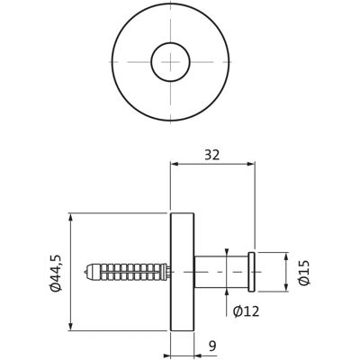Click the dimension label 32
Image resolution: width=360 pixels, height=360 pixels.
[212, 155]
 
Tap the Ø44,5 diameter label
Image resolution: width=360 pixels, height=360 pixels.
[56, 273]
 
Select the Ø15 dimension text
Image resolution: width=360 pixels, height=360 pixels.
[304, 273]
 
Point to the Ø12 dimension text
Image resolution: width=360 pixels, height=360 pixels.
[246, 311]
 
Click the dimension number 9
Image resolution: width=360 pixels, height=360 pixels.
[212, 346]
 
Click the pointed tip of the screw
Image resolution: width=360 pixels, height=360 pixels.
[85, 272]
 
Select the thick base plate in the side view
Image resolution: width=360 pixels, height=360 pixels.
[182, 272]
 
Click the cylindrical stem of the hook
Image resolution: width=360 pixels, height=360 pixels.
[221, 272]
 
